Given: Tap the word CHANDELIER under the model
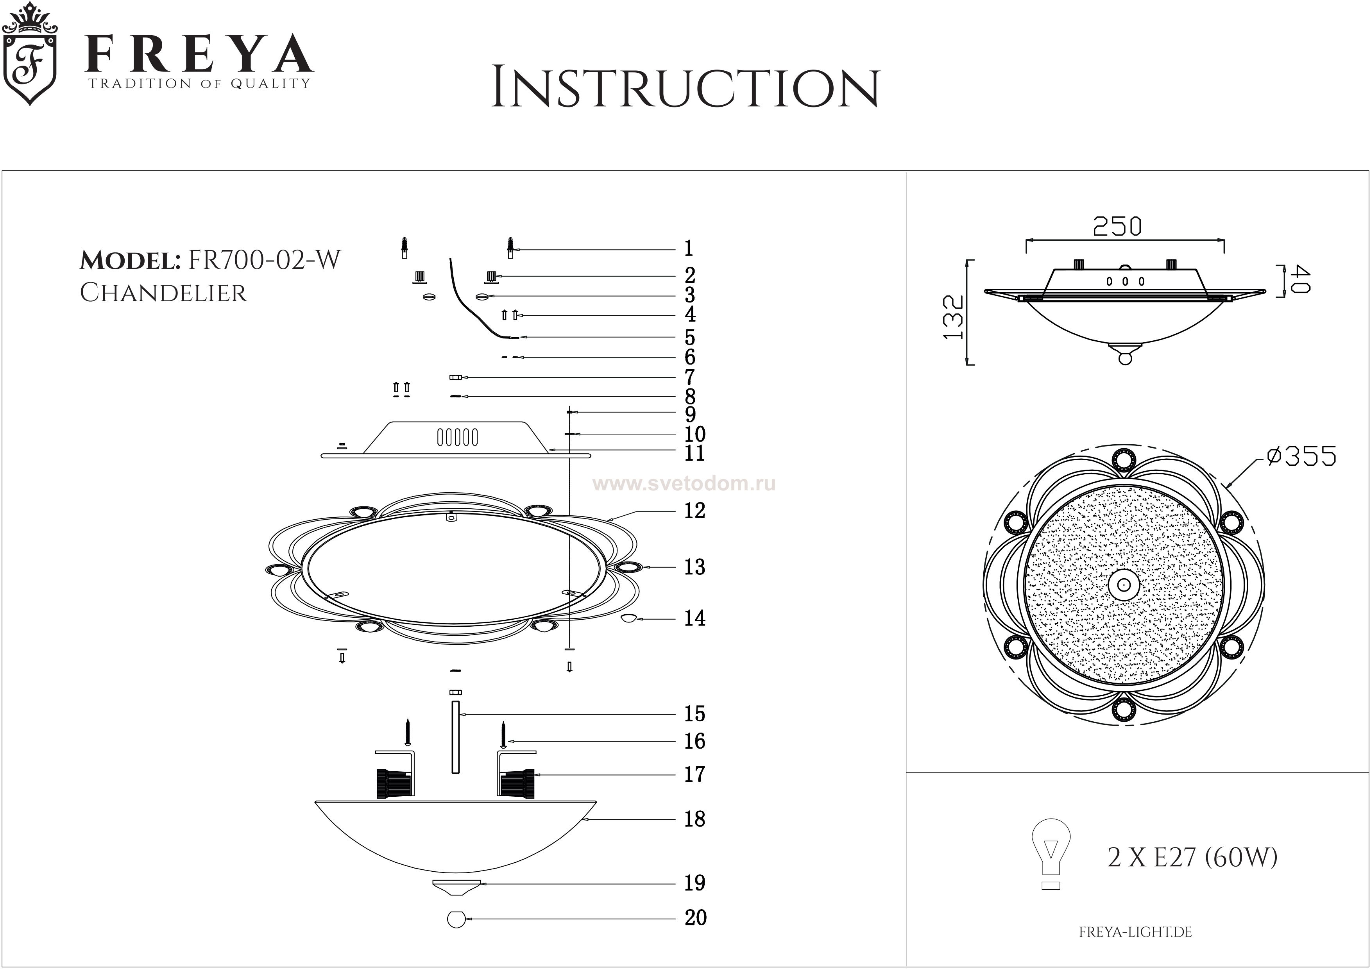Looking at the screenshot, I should pos(163,293).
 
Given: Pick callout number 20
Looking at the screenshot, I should pos(695,918).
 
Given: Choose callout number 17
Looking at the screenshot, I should pos(694,774).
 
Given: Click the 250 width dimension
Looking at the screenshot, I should pos(1117,227).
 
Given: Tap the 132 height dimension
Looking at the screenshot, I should pos(954,317).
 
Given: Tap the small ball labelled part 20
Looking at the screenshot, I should pos(456,919).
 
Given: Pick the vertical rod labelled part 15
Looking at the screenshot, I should pos(456,738).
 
